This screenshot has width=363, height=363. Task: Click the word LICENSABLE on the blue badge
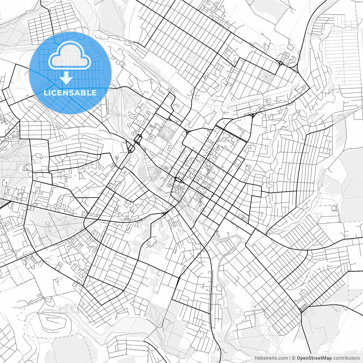(x=70, y=93)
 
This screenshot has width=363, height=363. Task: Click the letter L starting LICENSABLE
(x=46, y=93)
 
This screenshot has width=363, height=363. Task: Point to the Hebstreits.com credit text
(x=271, y=358)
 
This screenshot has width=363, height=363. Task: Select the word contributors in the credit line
(x=346, y=358)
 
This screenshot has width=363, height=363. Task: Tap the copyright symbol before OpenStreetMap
(x=294, y=358)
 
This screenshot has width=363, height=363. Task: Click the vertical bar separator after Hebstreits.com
(x=290, y=358)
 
